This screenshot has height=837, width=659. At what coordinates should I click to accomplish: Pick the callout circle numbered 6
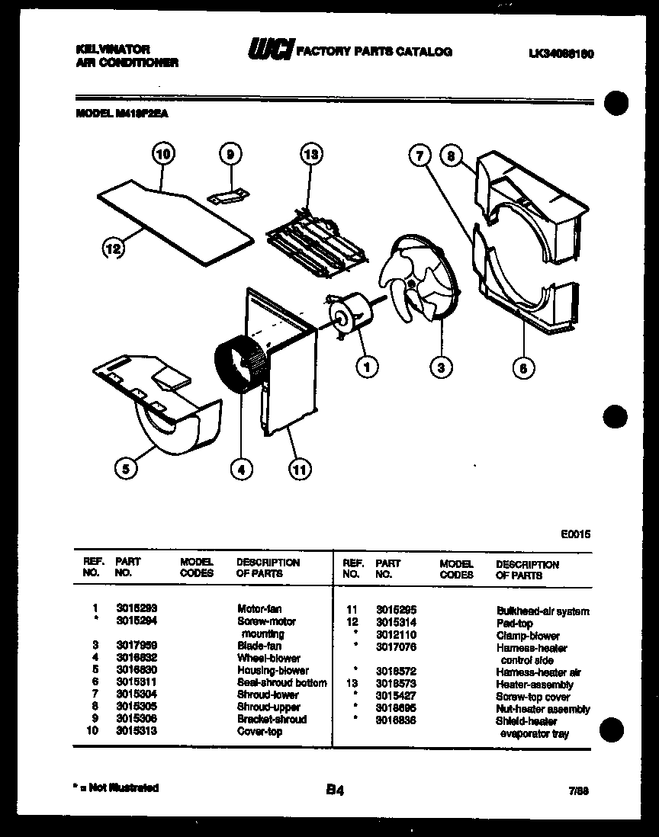[522, 368]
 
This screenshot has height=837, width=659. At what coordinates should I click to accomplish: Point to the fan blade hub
[411, 284]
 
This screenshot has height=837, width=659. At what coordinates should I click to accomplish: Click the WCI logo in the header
[269, 50]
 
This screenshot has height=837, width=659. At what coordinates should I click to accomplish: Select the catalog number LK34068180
[560, 53]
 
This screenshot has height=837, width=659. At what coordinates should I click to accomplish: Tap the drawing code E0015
[575, 534]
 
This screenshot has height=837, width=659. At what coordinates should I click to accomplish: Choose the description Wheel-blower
[268, 658]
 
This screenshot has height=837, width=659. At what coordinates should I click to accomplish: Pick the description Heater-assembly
[534, 685]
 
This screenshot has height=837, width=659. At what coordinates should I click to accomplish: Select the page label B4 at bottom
[334, 791]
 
